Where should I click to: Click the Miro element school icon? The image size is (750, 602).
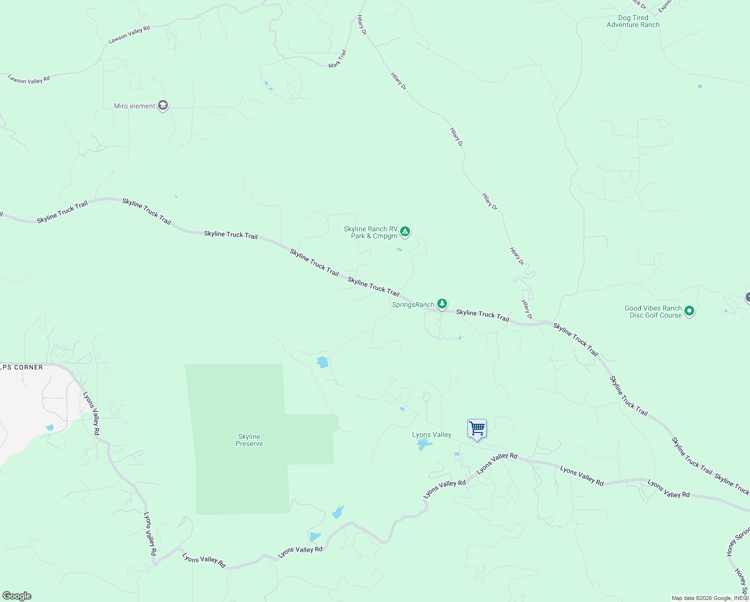click(162, 105)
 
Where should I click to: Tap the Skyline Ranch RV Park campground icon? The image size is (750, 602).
click(405, 232)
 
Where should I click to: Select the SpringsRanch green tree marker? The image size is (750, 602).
click(442, 304)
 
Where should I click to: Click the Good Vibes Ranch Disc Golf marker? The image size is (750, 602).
click(689, 312)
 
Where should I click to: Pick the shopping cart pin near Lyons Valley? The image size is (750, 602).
click(477, 429)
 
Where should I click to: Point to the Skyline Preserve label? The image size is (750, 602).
click(249, 440)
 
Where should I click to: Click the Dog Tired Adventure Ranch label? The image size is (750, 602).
click(633, 21)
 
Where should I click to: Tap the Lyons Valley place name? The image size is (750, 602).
click(432, 434)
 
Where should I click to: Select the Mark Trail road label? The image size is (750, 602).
click(337, 59)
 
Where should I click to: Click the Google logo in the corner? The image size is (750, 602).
click(17, 596)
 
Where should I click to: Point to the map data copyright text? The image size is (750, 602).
click(710, 598)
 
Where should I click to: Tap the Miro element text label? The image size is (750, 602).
click(134, 106)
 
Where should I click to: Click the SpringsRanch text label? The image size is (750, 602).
click(413, 305)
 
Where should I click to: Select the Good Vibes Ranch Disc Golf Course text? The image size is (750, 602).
click(653, 312)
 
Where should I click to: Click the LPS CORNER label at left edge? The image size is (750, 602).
click(22, 367)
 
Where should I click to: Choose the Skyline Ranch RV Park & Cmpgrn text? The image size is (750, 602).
click(370, 232)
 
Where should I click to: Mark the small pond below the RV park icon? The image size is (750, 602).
click(399, 249)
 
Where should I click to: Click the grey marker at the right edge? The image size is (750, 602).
click(747, 297)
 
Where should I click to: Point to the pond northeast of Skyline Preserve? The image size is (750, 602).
click(323, 362)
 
